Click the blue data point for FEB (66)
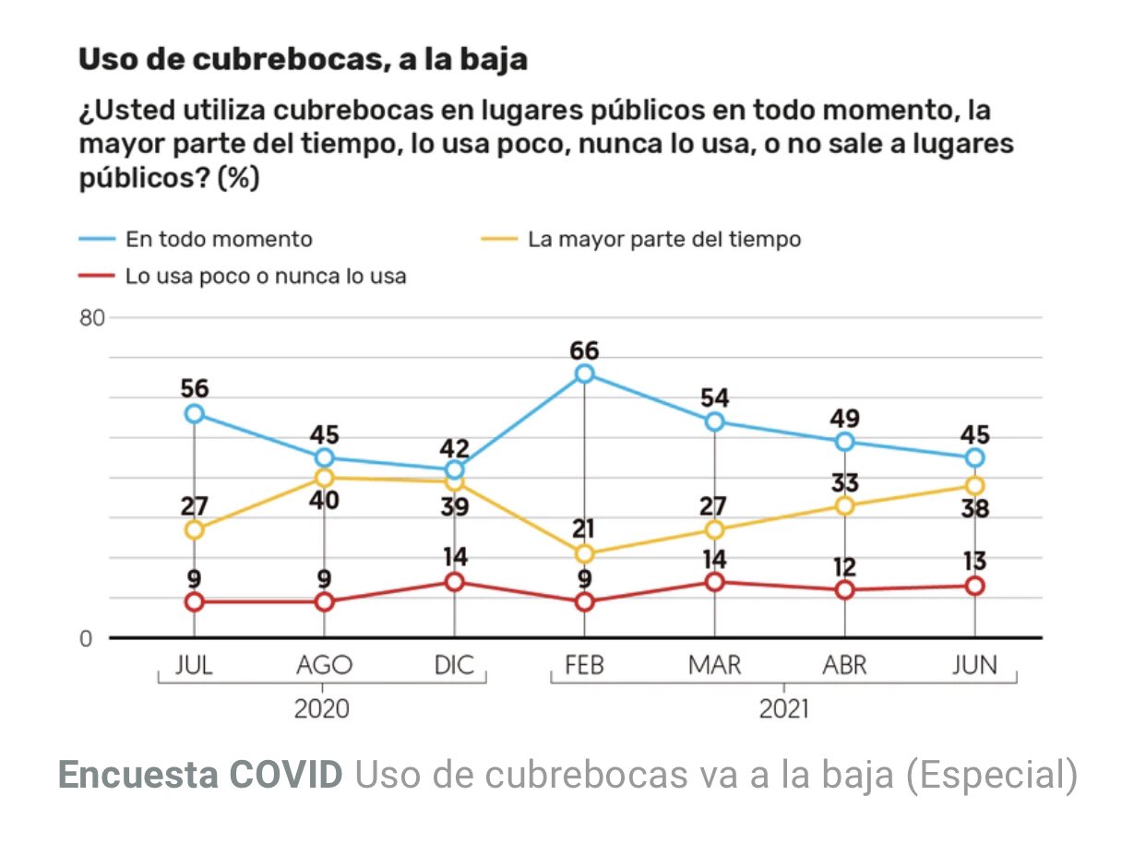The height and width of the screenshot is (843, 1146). (584, 374)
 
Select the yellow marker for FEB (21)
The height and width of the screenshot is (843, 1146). (584, 553)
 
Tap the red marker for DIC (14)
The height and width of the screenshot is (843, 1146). (454, 582)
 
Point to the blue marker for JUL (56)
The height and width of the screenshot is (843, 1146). (194, 413)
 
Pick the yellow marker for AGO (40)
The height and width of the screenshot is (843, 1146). (324, 478)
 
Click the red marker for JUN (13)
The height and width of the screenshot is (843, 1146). (974, 586)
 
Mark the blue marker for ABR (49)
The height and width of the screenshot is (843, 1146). (844, 442)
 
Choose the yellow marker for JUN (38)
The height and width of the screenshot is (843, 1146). (974, 485)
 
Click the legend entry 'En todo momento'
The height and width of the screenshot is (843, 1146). (219, 239)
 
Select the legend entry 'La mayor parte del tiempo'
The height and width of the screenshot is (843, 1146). (664, 239)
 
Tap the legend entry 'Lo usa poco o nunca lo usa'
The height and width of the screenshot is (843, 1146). (266, 275)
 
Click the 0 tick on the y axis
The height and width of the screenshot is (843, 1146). (88, 638)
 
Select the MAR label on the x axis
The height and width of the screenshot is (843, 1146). (714, 665)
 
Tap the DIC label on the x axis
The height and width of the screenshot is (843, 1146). (454, 665)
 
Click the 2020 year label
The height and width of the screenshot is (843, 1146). (322, 708)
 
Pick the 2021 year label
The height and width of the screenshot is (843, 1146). (783, 708)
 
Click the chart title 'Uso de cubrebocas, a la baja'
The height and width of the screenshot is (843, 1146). (303, 59)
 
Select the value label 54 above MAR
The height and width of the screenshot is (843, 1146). (714, 398)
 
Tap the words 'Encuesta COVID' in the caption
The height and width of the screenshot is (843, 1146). (199, 776)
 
